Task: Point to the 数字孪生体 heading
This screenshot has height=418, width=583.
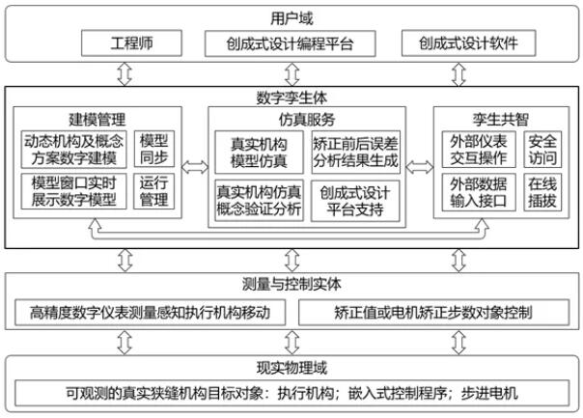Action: pyautogui.click(x=291, y=98)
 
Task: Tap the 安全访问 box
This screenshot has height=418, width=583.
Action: pyautogui.click(x=542, y=149)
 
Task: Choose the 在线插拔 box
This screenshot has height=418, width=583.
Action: pyautogui.click(x=542, y=191)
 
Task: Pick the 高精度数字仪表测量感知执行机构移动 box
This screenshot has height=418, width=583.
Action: pyautogui.click(x=150, y=313)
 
